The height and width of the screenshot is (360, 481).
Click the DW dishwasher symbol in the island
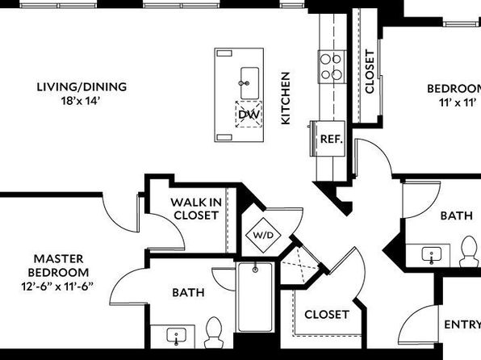(249, 114)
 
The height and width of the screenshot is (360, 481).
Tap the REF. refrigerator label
(332, 139)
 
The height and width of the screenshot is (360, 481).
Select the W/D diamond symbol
(264, 236)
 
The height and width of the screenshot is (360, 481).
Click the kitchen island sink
(249, 83)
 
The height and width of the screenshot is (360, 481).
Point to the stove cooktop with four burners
(332, 67)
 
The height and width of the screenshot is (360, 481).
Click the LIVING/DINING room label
(82, 87)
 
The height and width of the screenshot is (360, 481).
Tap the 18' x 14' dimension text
(81, 101)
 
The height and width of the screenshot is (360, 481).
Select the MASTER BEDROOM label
(58, 266)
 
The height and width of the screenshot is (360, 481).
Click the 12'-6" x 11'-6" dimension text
(57, 287)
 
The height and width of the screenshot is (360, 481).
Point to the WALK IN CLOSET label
(196, 209)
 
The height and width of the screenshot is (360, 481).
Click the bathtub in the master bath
(255, 297)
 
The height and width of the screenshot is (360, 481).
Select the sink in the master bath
(177, 336)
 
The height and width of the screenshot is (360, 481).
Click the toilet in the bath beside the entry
(468, 251)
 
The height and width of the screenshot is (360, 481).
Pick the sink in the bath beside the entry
(432, 255)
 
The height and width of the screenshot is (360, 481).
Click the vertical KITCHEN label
(285, 98)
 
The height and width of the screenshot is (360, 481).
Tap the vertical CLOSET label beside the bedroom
(370, 72)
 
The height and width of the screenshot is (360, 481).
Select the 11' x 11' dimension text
(458, 103)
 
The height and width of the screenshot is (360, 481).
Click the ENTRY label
(462, 324)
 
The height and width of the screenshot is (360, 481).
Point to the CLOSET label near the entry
(327, 315)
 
